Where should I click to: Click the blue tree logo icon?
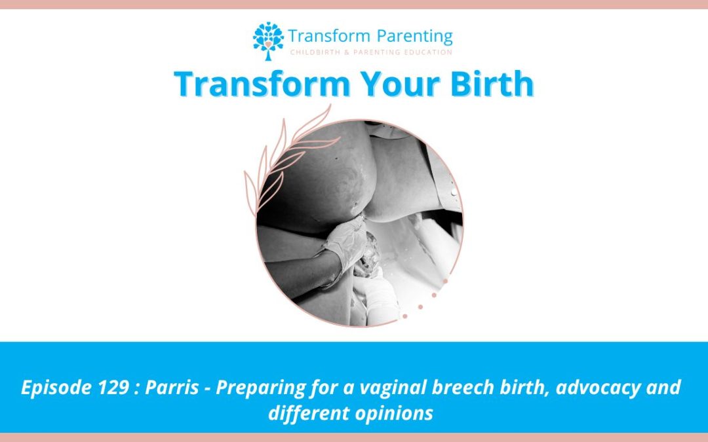click(x=268, y=41)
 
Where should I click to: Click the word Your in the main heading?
click(x=401, y=84)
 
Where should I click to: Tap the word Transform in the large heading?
click(x=262, y=84)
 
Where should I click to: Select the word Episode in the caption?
click(x=56, y=388)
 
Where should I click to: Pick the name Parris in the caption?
click(x=172, y=388)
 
